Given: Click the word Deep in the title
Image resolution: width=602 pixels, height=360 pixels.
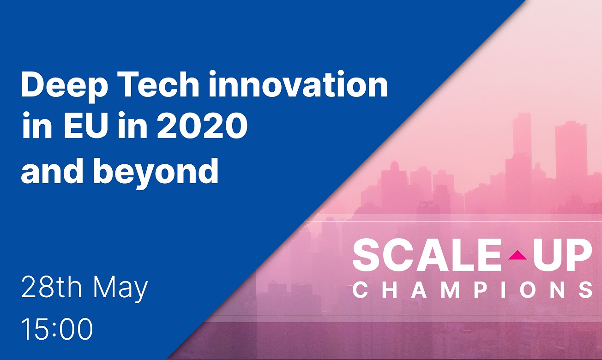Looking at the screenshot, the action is pos(65,86).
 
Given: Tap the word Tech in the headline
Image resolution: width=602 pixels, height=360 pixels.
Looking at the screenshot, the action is pos(158,84).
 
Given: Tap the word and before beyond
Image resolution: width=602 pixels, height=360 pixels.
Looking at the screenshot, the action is pos(53,170).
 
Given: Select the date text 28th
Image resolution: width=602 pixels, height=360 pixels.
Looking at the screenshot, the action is pos(51,288).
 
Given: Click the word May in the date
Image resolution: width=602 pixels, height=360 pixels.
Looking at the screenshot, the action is pos(120,289).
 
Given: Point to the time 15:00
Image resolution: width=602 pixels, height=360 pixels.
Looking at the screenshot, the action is pos(57,329).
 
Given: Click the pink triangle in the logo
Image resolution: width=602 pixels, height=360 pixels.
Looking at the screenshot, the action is pos(518,255).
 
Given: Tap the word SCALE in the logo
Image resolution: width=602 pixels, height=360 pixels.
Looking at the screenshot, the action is pos(427,255).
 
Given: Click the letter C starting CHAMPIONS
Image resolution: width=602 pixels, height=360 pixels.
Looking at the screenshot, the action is pos(360,290).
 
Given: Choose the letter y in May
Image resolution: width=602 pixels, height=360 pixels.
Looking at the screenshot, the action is pos(141,292).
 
